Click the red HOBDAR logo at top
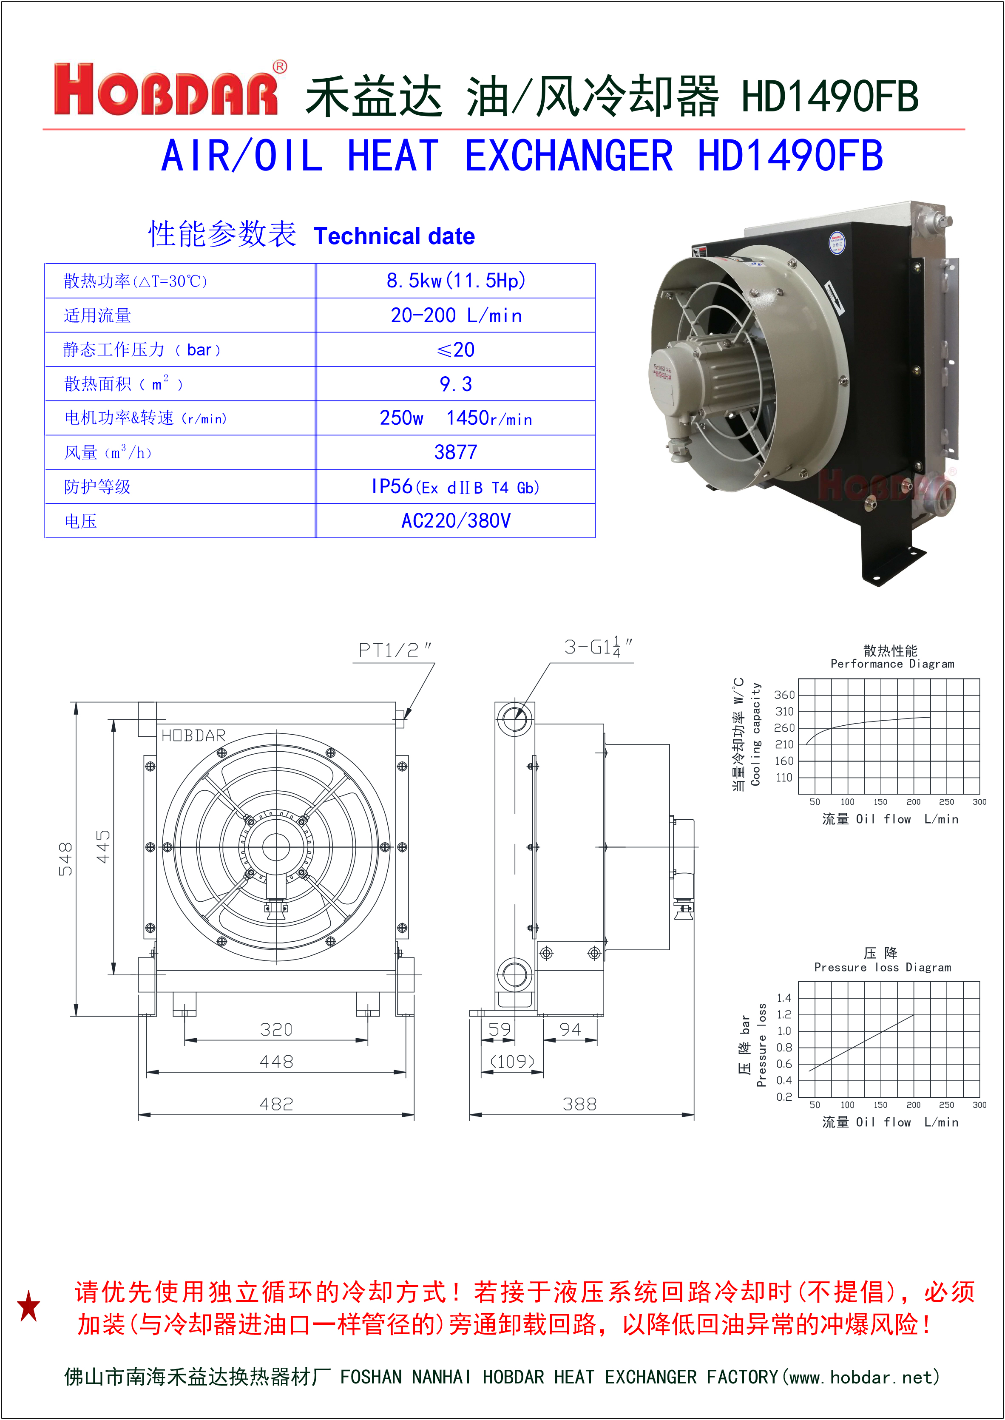[x=166, y=90]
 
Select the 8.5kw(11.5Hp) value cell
[x=455, y=281]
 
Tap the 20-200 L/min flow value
[x=455, y=315]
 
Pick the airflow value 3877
[x=455, y=452]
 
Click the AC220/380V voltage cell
[x=455, y=521]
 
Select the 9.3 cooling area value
[x=455, y=384]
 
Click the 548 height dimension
[x=65, y=859]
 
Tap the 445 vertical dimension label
[x=103, y=846]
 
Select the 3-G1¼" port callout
[x=597, y=647]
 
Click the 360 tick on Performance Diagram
[x=784, y=695]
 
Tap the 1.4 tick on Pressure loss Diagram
[x=784, y=997]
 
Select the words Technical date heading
[x=394, y=236]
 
